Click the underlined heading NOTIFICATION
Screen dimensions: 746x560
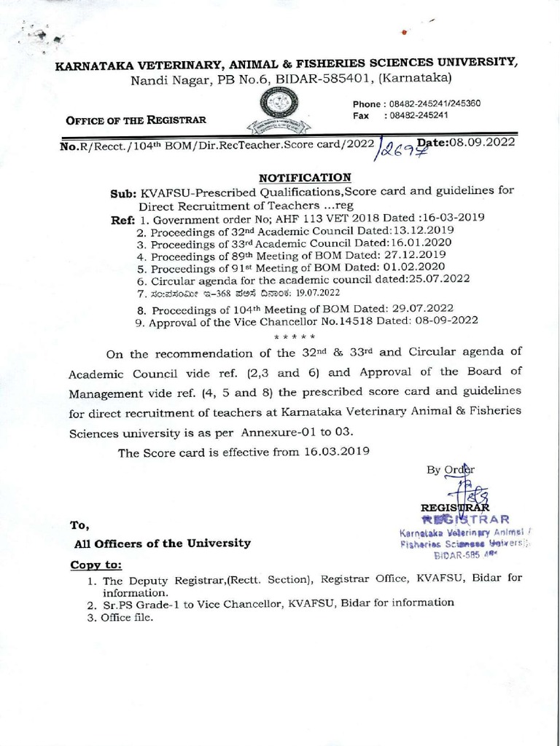click(306, 177)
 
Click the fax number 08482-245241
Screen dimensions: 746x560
click(419, 115)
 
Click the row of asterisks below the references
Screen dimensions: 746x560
click(294, 337)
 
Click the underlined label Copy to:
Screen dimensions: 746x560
click(96, 565)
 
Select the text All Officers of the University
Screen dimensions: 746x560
click(163, 543)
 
